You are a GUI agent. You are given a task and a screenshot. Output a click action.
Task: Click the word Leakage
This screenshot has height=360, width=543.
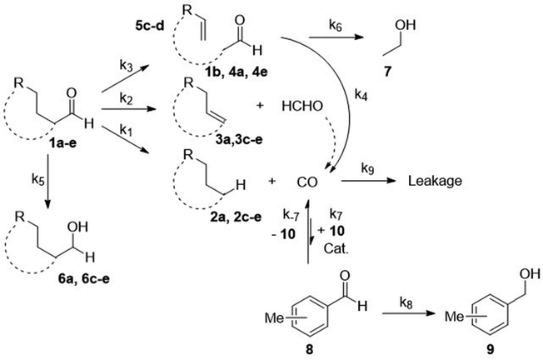[435, 182]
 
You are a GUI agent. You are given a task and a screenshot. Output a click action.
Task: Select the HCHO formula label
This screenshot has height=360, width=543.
[302, 106]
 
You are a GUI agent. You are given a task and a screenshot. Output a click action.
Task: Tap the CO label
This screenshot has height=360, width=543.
[307, 182]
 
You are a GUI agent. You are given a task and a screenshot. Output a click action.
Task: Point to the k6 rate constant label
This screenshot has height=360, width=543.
[335, 26]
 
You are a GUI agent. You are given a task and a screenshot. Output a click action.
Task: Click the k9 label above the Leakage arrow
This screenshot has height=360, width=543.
[368, 168]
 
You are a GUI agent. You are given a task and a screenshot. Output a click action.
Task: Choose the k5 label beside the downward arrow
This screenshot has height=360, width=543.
[38, 180]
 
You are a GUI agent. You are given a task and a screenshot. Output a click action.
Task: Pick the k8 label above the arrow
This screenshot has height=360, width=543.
[406, 302]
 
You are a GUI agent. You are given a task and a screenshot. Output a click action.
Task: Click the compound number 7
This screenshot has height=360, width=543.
[387, 71]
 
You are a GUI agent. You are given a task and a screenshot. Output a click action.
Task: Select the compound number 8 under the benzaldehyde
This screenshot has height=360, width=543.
[309, 349]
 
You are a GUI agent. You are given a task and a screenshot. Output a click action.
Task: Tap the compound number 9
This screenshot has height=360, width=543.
[491, 349]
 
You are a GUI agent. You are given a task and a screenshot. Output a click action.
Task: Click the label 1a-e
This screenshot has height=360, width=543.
[62, 142]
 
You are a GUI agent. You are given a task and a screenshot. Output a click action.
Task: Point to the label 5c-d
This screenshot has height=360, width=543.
[150, 26]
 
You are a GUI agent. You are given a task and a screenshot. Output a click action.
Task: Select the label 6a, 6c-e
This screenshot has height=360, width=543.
[84, 278]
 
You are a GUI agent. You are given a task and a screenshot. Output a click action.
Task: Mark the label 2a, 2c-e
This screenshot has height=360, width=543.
[236, 217]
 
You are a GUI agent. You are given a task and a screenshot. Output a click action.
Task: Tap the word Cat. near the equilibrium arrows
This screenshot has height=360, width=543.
[336, 249]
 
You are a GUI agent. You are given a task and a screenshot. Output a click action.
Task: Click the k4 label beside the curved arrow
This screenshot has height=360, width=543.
[361, 94]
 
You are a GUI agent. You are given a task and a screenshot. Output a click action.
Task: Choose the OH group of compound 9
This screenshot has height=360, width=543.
[530, 273]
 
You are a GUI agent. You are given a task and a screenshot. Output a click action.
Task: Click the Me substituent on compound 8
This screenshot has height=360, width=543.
[274, 317]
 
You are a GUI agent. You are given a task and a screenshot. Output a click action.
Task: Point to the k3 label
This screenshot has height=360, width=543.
[126, 65]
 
